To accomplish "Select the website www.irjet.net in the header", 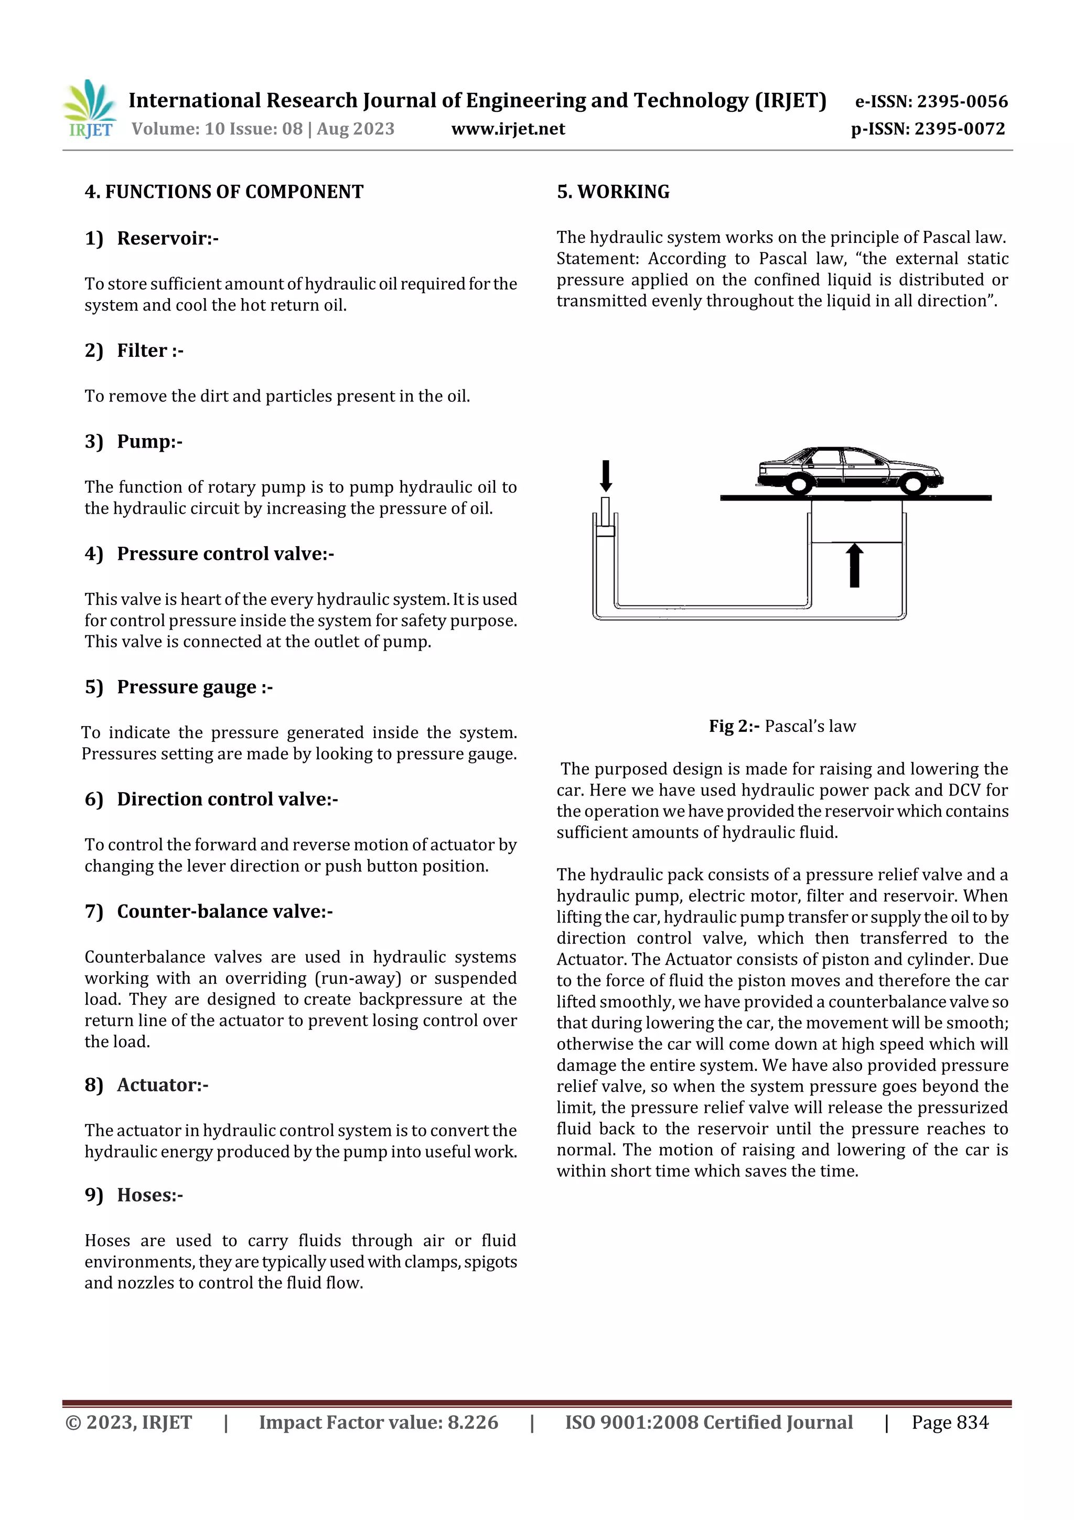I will pos(508,129).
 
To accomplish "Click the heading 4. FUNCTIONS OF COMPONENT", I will pos(224,192).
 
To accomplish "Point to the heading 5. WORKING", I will pos(613,192).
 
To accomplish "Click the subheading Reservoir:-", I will pos(167,238).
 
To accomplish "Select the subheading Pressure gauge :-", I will pos(195,687).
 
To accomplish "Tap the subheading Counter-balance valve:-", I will pos(224,911).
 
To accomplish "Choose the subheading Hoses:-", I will pos(149,1195).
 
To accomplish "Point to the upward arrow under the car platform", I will pos(854,566).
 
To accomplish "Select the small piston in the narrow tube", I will pos(605,530).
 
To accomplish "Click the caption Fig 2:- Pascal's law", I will pos(782,726).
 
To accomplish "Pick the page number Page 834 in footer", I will pos(950,1423).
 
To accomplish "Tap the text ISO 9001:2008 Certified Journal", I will pos(708,1423).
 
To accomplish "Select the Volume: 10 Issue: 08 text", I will pos(217,129).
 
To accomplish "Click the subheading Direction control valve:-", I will pos(227,799).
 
